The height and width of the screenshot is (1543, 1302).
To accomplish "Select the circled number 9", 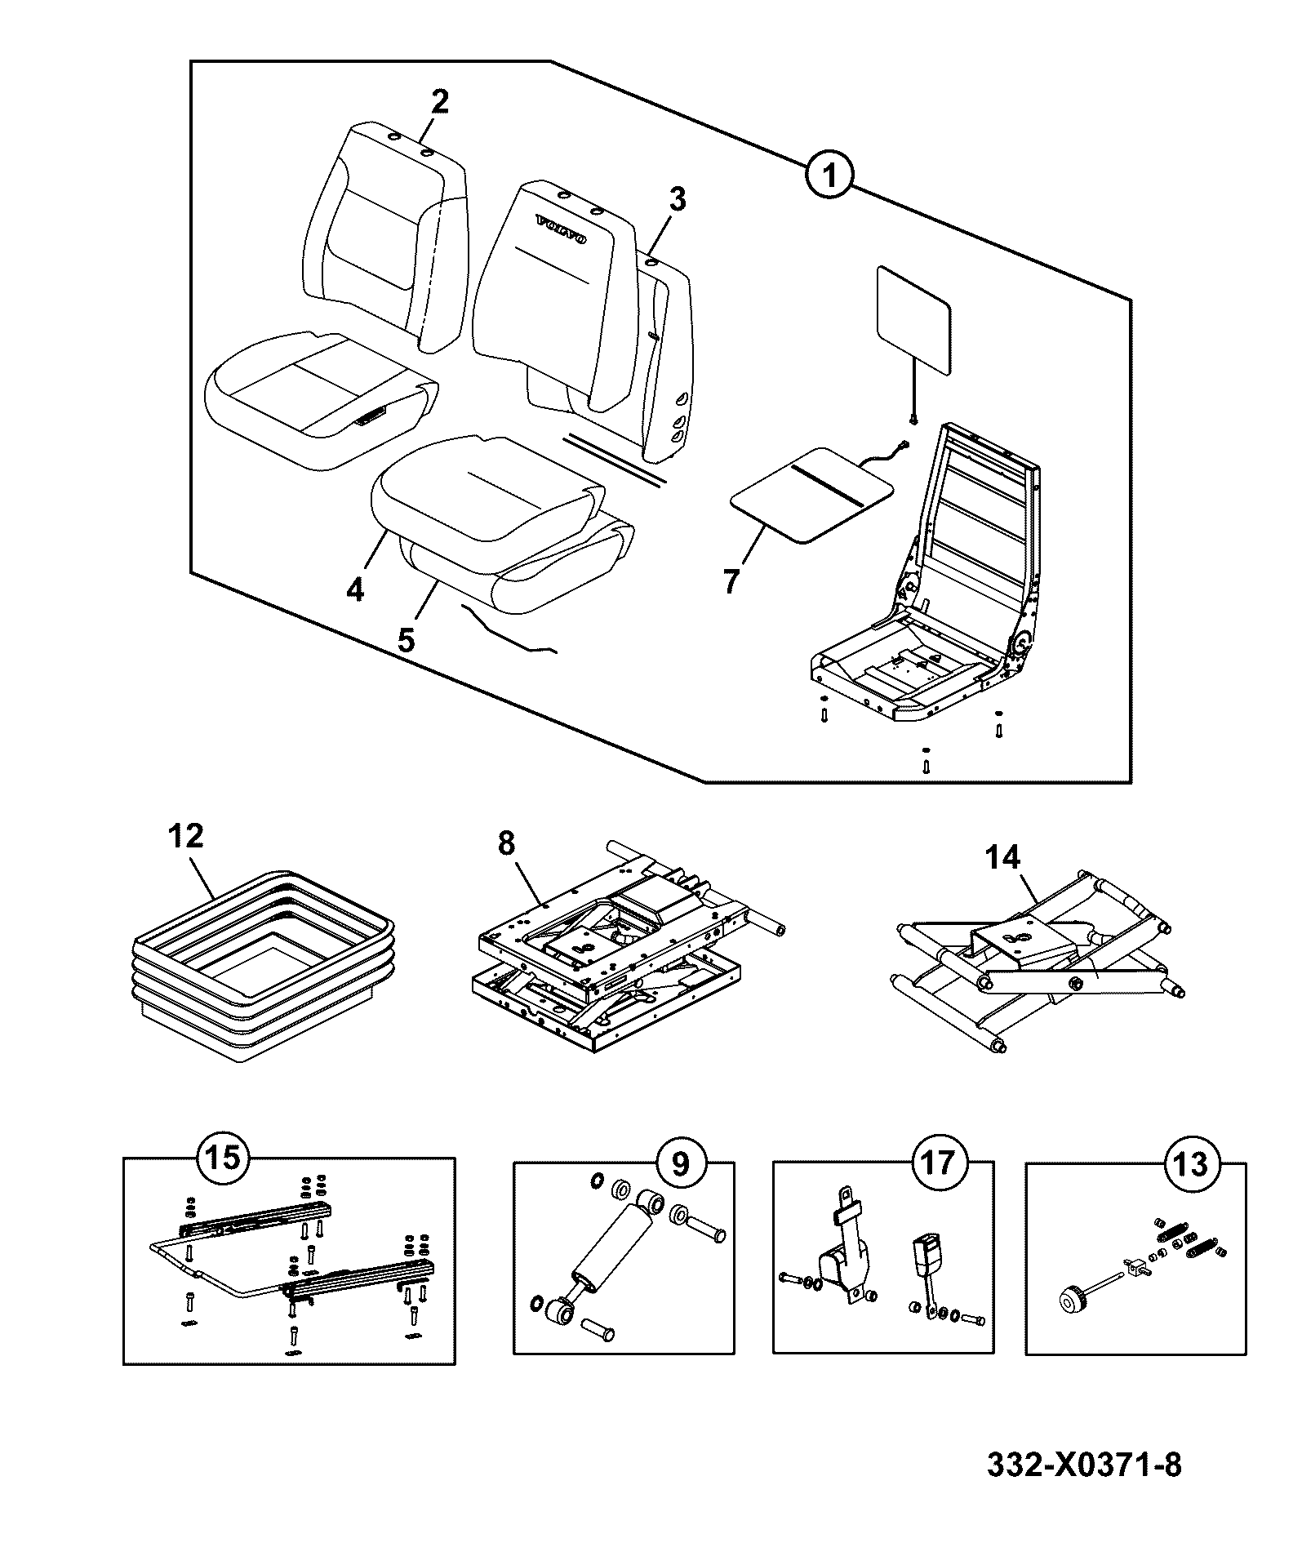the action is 681,1163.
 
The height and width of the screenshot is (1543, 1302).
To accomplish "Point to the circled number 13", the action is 1193,1163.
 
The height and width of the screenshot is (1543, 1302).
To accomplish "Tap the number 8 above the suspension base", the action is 506,844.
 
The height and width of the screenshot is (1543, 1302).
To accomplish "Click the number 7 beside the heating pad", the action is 731,580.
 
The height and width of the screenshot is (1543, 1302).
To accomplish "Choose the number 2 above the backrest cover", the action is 439,101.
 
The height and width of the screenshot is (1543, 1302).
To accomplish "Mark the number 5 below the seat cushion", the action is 406,638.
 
